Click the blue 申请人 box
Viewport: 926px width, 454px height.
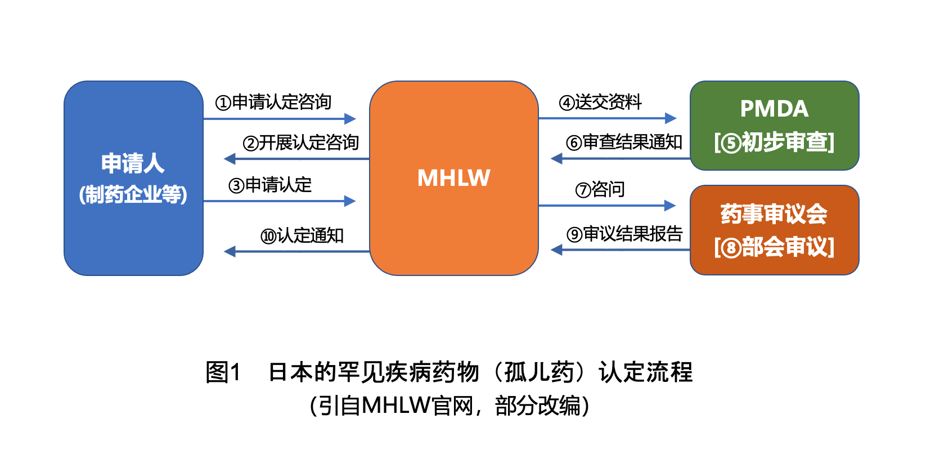click(x=133, y=178)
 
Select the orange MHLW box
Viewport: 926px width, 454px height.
click(x=454, y=178)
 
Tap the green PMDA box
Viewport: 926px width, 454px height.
click(x=774, y=126)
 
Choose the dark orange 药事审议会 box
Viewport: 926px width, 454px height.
click(x=774, y=230)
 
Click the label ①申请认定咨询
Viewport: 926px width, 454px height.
click(x=273, y=102)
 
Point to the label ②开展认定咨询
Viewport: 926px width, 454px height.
click(x=300, y=143)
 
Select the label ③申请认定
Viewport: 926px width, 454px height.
click(x=270, y=185)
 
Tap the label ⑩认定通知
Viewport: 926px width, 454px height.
click(x=302, y=236)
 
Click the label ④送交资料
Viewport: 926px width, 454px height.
click(x=600, y=102)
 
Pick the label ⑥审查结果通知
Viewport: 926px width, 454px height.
click(x=624, y=143)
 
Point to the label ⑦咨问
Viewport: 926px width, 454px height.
click(x=600, y=190)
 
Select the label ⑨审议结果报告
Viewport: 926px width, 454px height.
click(x=624, y=234)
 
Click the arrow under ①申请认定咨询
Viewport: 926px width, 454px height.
click(x=280, y=119)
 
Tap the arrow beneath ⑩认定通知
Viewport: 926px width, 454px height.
click(x=296, y=251)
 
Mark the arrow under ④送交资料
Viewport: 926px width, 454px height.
click(x=608, y=118)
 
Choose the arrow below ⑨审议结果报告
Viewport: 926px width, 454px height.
click(x=620, y=250)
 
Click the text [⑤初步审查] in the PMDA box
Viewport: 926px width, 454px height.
click(x=774, y=143)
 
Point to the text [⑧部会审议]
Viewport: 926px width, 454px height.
click(x=774, y=247)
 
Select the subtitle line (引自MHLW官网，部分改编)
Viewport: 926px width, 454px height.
click(x=449, y=406)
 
